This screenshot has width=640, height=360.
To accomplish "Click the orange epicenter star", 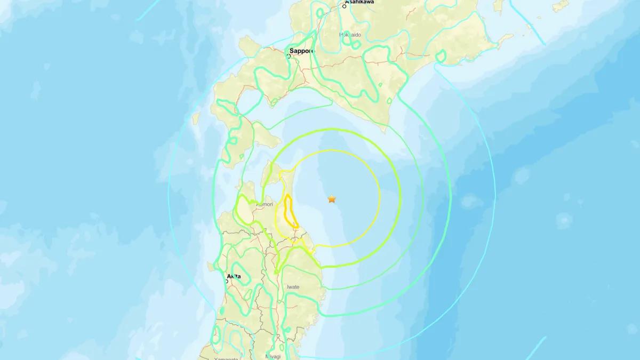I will [332, 199].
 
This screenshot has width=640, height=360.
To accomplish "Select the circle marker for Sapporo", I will [290, 56].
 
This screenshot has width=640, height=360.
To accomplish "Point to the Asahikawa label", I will [359, 2].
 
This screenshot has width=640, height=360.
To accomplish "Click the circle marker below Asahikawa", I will [345, 6].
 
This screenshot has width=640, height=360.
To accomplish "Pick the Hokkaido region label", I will [350, 35].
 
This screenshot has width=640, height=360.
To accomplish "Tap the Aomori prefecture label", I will [265, 204].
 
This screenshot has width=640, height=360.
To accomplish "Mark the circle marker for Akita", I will [226, 281].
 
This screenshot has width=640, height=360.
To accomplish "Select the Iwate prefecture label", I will [293, 287].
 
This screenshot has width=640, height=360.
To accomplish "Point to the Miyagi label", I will [273, 356].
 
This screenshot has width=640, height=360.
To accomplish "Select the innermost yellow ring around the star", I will [380, 197].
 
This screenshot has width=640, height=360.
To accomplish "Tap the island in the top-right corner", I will [559, 6].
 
